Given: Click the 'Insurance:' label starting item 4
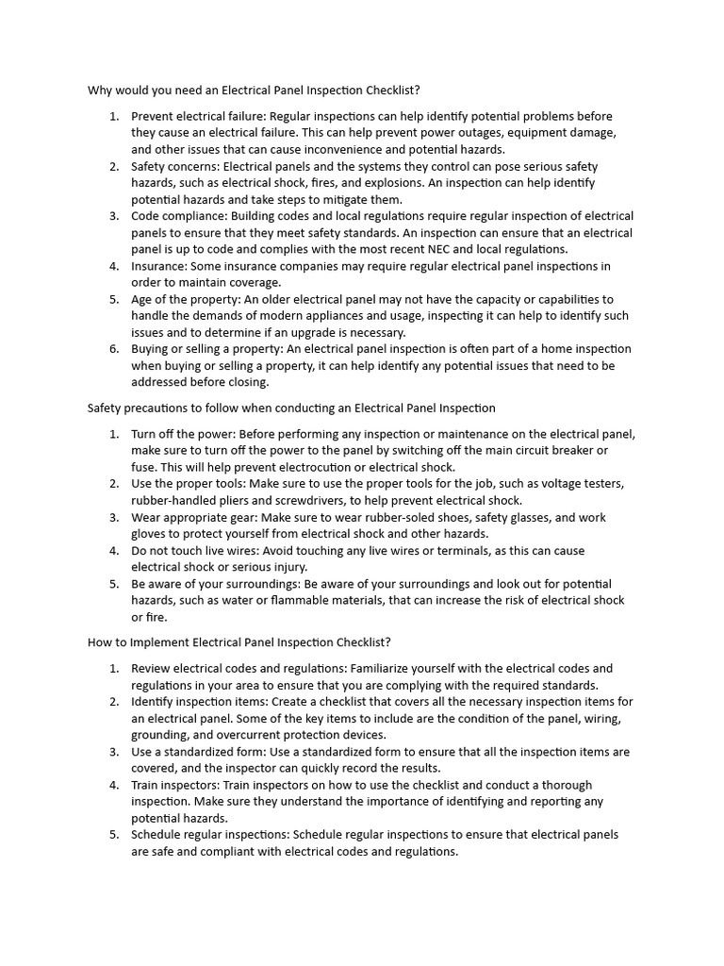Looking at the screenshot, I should tap(162, 266).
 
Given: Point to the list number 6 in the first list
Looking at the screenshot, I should tap(113, 349).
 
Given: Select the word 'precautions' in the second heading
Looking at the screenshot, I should tap(164, 408).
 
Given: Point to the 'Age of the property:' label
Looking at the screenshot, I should tap(186, 299).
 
